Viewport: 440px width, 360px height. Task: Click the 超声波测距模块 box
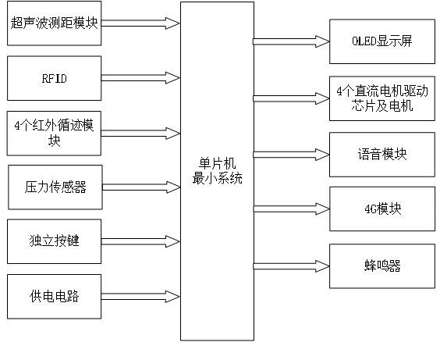pyautogui.click(x=55, y=23)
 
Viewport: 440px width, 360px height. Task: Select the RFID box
pyautogui.click(x=55, y=78)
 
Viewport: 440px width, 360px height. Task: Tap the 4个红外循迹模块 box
pyautogui.click(x=55, y=133)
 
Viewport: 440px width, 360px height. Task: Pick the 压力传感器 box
pyautogui.click(x=55, y=187)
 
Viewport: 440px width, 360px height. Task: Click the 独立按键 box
pyautogui.click(x=55, y=242)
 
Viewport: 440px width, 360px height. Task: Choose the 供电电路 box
pyautogui.click(x=55, y=297)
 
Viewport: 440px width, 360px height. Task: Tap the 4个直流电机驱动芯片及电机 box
pyautogui.click(x=381, y=98)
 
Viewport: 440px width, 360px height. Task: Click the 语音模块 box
pyautogui.click(x=381, y=154)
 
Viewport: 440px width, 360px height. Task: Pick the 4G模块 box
pyautogui.click(x=381, y=209)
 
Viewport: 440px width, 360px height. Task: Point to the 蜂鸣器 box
pyautogui.click(x=381, y=266)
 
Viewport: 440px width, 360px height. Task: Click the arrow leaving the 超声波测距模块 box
pyautogui.click(x=140, y=23)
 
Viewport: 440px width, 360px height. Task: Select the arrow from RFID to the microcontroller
pyautogui.click(x=140, y=78)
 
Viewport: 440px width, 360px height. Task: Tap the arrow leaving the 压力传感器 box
pyautogui.click(x=140, y=187)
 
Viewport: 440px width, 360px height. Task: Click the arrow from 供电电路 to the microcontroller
pyautogui.click(x=140, y=297)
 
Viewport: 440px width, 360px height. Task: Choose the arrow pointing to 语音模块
pyautogui.click(x=291, y=154)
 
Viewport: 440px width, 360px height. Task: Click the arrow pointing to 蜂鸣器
pyautogui.click(x=291, y=266)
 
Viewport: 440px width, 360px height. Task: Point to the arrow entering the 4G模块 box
pyautogui.click(x=291, y=209)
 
